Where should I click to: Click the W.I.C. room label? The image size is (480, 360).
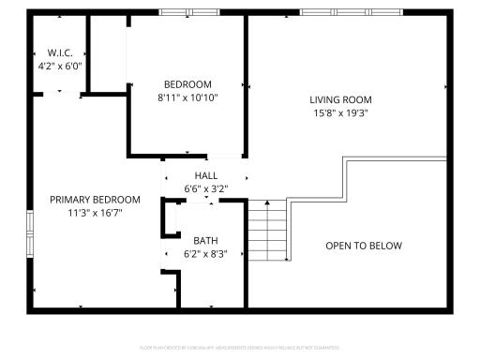pyautogui.click(x=60, y=53)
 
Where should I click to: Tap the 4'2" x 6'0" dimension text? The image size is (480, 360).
pyautogui.click(x=60, y=67)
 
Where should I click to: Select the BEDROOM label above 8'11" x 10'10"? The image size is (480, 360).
pyautogui.click(x=187, y=83)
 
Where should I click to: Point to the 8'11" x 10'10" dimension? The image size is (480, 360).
pyautogui.click(x=187, y=97)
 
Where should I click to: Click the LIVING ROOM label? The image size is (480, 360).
pyautogui.click(x=341, y=99)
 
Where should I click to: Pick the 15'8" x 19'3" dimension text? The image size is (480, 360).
pyautogui.click(x=341, y=112)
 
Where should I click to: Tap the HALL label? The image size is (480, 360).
pyautogui.click(x=205, y=175)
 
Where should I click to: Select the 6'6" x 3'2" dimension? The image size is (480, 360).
pyautogui.click(x=205, y=188)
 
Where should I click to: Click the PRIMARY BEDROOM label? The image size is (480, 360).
pyautogui.click(x=95, y=200)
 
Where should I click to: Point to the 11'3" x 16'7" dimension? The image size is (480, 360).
pyautogui.click(x=95, y=213)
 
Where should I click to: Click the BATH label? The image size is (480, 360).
pyautogui.click(x=205, y=240)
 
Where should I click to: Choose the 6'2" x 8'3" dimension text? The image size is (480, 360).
pyautogui.click(x=205, y=253)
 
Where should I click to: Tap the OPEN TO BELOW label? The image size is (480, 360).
pyautogui.click(x=364, y=246)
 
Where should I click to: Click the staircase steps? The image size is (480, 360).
pyautogui.click(x=266, y=231)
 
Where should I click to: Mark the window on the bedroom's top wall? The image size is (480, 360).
pyautogui.click(x=189, y=12)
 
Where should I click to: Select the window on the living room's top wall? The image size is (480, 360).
pyautogui.click(x=351, y=12)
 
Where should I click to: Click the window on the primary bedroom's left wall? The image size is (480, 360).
pyautogui.click(x=30, y=234)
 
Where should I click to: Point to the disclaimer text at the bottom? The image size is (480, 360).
pyautogui.click(x=240, y=347)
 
